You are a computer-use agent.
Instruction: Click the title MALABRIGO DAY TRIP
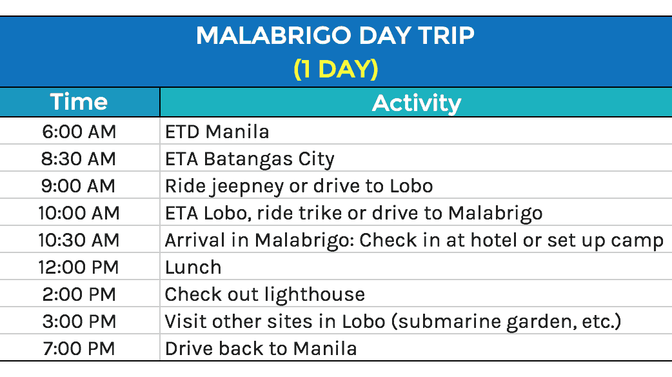[x=335, y=35]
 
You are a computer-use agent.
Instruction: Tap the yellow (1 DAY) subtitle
[x=335, y=68]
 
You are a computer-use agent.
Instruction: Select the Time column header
[x=79, y=101]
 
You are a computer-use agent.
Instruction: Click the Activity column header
[x=417, y=103]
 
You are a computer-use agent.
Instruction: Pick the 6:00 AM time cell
[x=79, y=132]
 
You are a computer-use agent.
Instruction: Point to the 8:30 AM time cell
[x=79, y=159]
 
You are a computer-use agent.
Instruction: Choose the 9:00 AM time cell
[x=78, y=186]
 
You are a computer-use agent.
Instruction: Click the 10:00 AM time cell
[x=79, y=213]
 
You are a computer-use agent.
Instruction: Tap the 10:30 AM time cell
[x=79, y=239]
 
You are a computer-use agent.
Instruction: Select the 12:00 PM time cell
[x=79, y=267]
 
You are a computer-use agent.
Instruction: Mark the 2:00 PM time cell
[x=79, y=294]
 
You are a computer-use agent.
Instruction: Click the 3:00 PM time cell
[x=79, y=321]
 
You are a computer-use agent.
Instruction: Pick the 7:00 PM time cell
[x=79, y=348]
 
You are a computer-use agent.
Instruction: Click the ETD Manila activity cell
[x=217, y=132]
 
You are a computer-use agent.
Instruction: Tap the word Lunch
[x=193, y=267]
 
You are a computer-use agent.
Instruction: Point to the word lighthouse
[x=315, y=295]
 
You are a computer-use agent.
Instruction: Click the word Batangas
[x=248, y=159]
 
